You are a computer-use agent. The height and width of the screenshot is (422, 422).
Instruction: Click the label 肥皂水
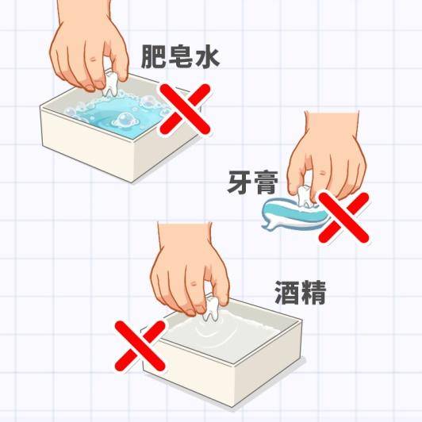(181, 57)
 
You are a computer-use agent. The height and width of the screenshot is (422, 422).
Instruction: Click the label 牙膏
(252, 182)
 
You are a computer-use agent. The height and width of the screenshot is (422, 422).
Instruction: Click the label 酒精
(301, 293)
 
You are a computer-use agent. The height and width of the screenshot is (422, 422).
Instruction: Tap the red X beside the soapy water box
(185, 109)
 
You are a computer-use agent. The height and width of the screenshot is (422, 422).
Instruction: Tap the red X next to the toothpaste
(343, 217)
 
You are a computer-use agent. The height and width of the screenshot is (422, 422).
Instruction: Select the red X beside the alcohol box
(140, 346)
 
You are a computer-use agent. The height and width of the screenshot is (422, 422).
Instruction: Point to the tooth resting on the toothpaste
(306, 197)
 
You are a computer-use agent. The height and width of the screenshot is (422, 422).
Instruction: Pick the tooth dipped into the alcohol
(212, 309)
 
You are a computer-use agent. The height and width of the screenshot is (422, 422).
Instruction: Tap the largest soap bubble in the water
(125, 121)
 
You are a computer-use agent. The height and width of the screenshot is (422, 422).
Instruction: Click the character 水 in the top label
(208, 57)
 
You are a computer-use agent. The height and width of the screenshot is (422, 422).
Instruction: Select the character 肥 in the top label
(153, 57)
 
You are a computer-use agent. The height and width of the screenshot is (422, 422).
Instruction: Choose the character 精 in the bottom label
(313, 293)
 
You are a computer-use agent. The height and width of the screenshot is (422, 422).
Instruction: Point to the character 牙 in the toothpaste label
(240, 182)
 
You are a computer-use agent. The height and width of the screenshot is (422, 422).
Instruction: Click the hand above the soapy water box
(89, 46)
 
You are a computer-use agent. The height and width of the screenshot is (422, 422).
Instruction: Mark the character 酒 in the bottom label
(287, 293)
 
